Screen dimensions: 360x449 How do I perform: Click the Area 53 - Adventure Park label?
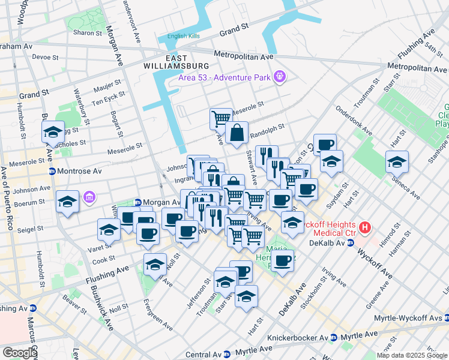pyautogui.click(x=224, y=77)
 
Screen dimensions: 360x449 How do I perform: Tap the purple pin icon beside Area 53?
pyautogui.click(x=279, y=76)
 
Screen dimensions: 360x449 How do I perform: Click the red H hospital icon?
pyautogui.click(x=365, y=227)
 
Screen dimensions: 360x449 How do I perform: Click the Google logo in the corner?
pyautogui.click(x=20, y=353)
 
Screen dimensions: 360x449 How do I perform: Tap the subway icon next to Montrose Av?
pyautogui.click(x=52, y=171)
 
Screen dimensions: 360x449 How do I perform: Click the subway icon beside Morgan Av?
pyautogui.click(x=137, y=202)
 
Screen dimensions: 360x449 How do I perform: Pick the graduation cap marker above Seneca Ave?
pyautogui.click(x=397, y=162)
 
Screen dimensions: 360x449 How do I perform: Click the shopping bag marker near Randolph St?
pyautogui.click(x=237, y=133)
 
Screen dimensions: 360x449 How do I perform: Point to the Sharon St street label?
pyautogui.click(x=83, y=33)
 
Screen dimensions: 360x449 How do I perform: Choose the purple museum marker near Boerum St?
pyautogui.click(x=90, y=197)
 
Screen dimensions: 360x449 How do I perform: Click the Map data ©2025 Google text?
pyautogui.click(x=412, y=355)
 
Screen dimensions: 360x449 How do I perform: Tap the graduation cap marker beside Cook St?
pyautogui.click(x=155, y=265)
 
